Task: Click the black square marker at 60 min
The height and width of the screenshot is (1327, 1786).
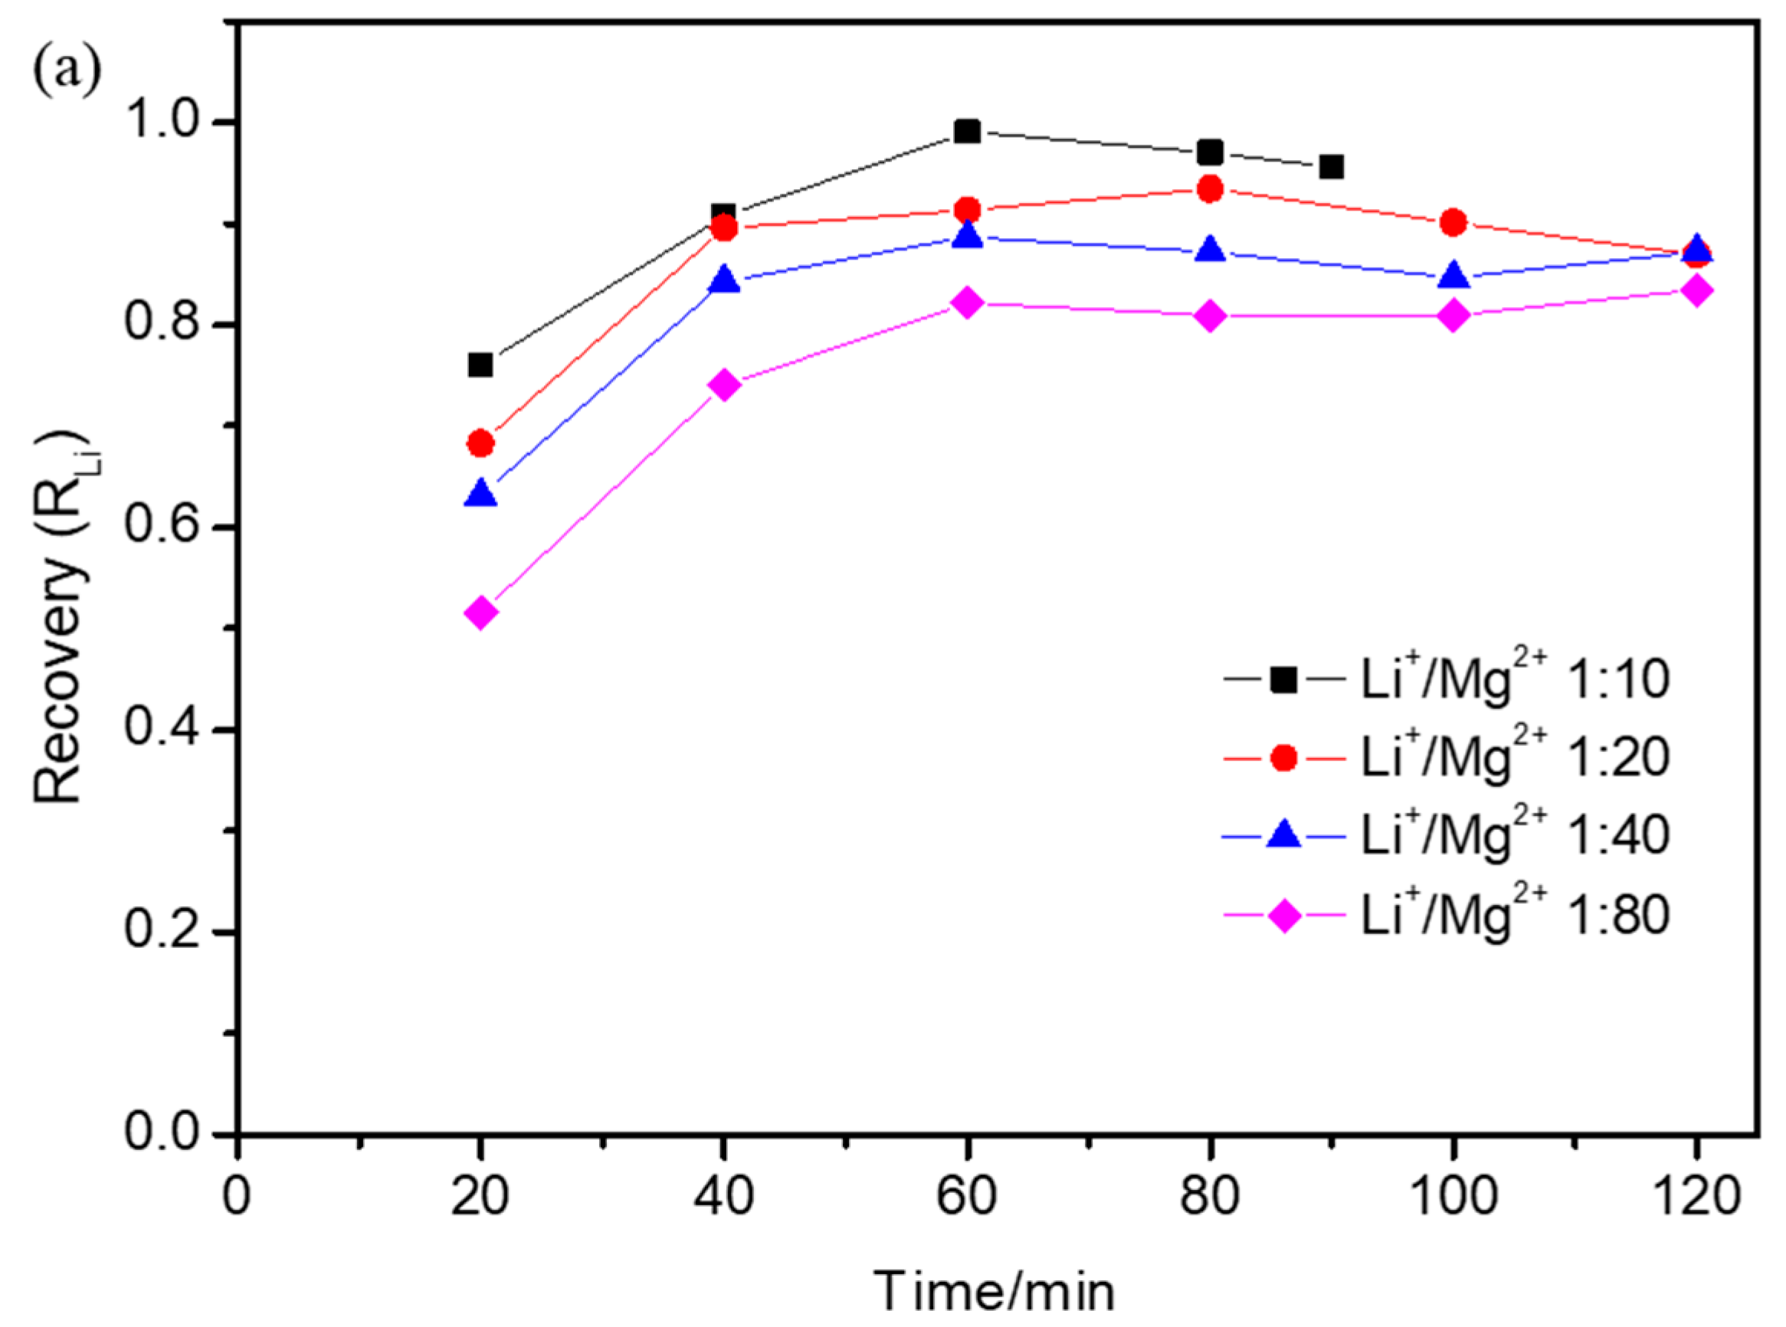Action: point(968,131)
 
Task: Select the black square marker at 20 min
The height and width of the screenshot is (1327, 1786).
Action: point(480,365)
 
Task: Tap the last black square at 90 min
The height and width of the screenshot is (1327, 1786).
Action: point(1332,167)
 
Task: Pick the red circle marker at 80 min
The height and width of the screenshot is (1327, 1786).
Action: point(1211,190)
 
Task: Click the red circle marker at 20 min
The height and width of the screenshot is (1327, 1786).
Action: point(480,443)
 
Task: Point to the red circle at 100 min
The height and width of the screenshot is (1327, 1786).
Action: point(1453,223)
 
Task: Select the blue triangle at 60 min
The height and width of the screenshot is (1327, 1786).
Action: point(968,235)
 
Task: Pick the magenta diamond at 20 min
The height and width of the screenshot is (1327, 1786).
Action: point(480,613)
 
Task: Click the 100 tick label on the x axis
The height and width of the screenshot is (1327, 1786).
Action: point(1453,1195)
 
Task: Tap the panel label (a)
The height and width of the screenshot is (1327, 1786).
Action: point(67,70)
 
